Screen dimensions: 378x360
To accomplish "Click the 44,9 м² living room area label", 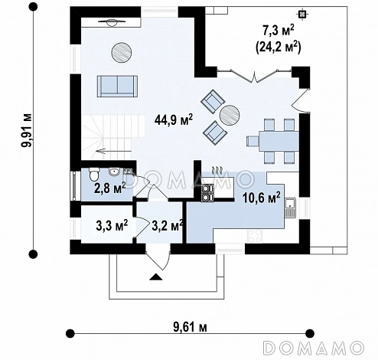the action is pyautogui.click(x=174, y=120).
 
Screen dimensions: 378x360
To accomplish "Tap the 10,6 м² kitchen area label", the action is pyautogui.click(x=262, y=198).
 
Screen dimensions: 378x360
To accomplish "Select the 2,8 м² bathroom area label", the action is pyautogui.click(x=110, y=188).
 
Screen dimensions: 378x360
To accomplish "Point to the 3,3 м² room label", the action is pyautogui.click(x=112, y=225).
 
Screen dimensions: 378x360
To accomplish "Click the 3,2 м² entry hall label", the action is pyautogui.click(x=168, y=225).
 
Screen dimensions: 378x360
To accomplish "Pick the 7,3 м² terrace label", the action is pyautogui.click(x=279, y=31).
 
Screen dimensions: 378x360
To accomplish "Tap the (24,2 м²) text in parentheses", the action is pyautogui.click(x=278, y=47).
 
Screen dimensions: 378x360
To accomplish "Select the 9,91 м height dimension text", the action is pyautogui.click(x=27, y=130).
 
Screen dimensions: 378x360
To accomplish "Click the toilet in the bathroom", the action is pyautogui.click(x=94, y=175).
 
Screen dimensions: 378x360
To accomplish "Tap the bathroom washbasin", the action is pyautogui.click(x=114, y=172).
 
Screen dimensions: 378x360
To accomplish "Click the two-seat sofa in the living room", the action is pyautogui.click(x=117, y=87).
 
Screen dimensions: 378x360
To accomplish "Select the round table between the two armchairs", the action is pyautogui.click(x=230, y=114).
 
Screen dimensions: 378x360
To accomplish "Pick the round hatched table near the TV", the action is pyautogui.click(x=122, y=52).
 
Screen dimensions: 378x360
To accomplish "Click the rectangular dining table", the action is pyautogui.click(x=279, y=141).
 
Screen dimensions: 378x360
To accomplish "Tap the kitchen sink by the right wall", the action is pyautogui.click(x=290, y=208).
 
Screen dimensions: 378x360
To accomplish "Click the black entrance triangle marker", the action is pyautogui.click(x=155, y=277).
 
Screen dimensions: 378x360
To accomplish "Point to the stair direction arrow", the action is pyautogui.click(x=114, y=151).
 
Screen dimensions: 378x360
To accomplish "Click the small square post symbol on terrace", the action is pyautogui.click(x=302, y=14).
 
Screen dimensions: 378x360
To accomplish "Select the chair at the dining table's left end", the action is pyautogui.click(x=253, y=141).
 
